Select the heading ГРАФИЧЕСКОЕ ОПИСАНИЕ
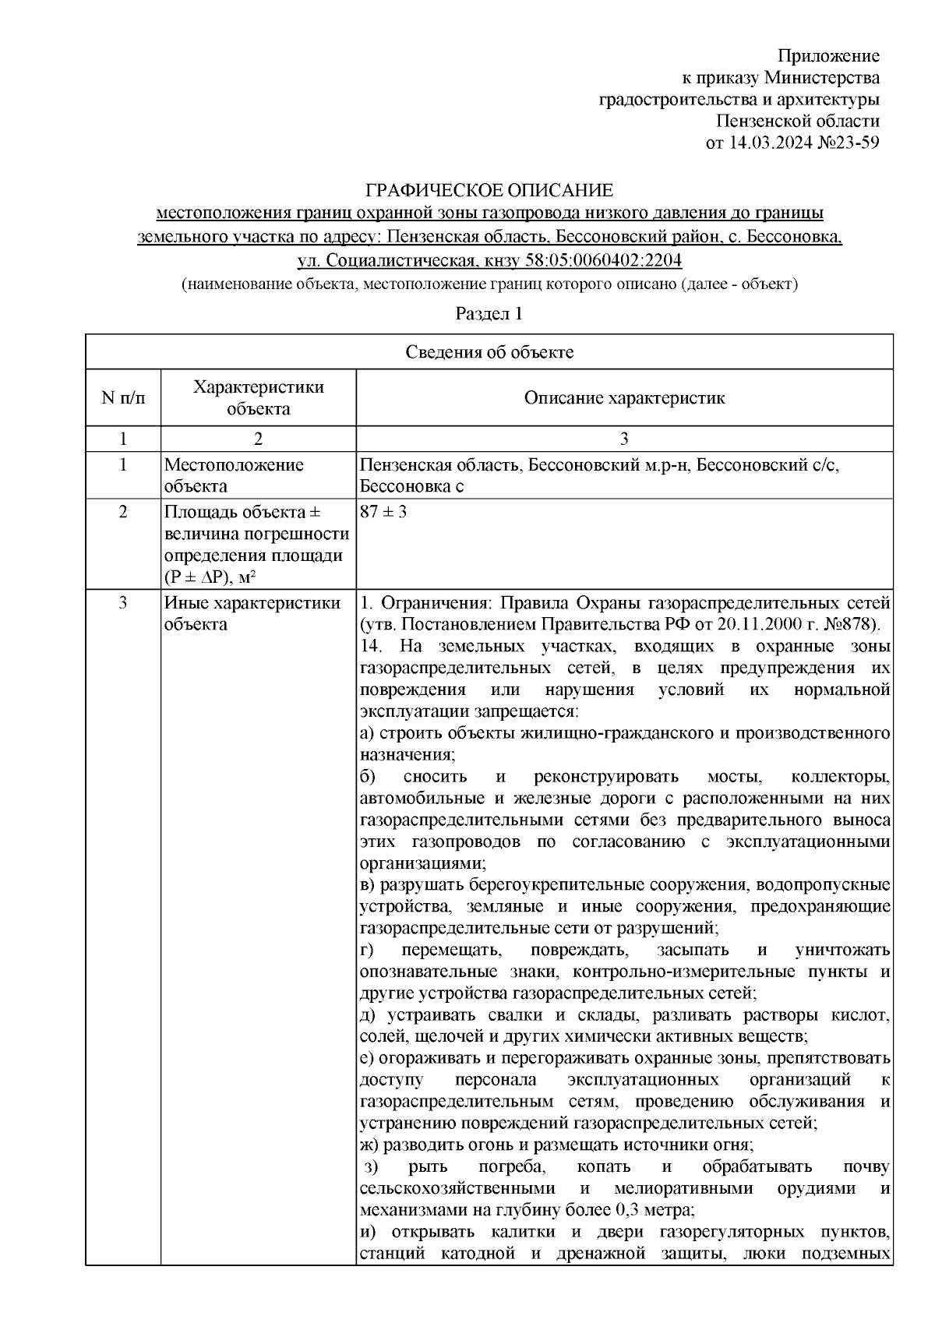pyautogui.click(x=490, y=191)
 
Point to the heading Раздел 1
pyautogui.click(x=489, y=314)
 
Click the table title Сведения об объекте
pyautogui.click(x=489, y=352)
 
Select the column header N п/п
pyautogui.click(x=123, y=398)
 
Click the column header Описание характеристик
pyautogui.click(x=624, y=398)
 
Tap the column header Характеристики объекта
pyautogui.click(x=259, y=398)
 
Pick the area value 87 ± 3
pyautogui.click(x=384, y=513)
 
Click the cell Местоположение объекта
pyautogui.click(x=234, y=475)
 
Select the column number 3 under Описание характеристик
pyautogui.click(x=624, y=439)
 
